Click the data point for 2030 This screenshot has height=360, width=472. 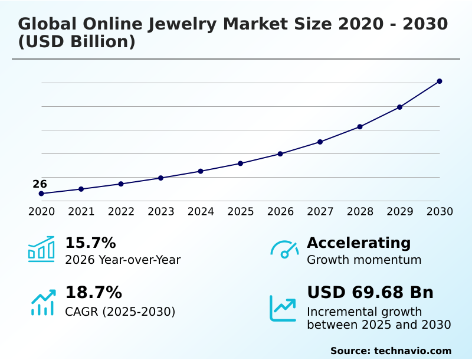point(440,81)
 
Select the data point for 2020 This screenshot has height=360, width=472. point(41,194)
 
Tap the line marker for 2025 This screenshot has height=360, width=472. point(240,163)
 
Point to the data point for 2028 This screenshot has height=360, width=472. point(360,127)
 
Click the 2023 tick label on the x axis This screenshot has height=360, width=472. point(160,211)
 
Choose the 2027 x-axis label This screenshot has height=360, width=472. point(320,211)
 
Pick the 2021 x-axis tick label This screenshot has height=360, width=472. point(81,211)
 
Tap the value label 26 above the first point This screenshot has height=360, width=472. point(40,184)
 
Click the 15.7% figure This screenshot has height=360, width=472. point(90,243)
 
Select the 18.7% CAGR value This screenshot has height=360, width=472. point(93,292)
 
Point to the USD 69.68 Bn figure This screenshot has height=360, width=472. point(370,292)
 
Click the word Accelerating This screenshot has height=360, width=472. point(359,243)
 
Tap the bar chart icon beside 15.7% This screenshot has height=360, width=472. point(41,249)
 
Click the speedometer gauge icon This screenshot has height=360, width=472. point(284,249)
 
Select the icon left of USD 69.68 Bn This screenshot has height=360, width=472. point(283,308)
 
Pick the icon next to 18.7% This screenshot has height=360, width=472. point(42,302)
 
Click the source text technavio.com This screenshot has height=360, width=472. point(412,351)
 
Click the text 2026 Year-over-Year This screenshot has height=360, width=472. point(123,260)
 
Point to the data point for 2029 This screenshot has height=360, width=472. point(399,107)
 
